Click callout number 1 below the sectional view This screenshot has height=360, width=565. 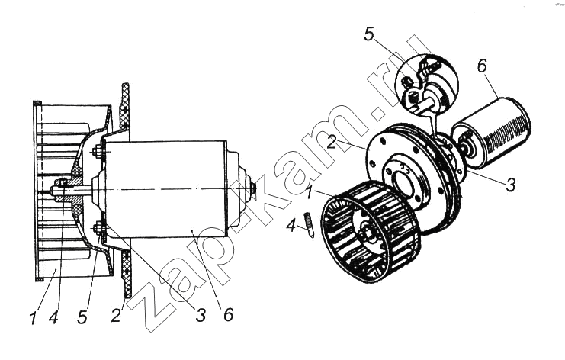(34, 318)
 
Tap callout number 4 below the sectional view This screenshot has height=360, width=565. (53, 317)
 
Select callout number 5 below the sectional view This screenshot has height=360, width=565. (82, 317)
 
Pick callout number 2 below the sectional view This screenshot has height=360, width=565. (116, 315)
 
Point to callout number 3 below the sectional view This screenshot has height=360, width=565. (201, 315)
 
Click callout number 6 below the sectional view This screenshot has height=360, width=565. (228, 315)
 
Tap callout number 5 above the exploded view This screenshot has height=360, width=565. (369, 35)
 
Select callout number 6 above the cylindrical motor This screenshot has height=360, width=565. (482, 66)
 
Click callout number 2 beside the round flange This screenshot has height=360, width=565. (332, 142)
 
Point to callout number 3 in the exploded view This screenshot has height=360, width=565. (511, 184)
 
